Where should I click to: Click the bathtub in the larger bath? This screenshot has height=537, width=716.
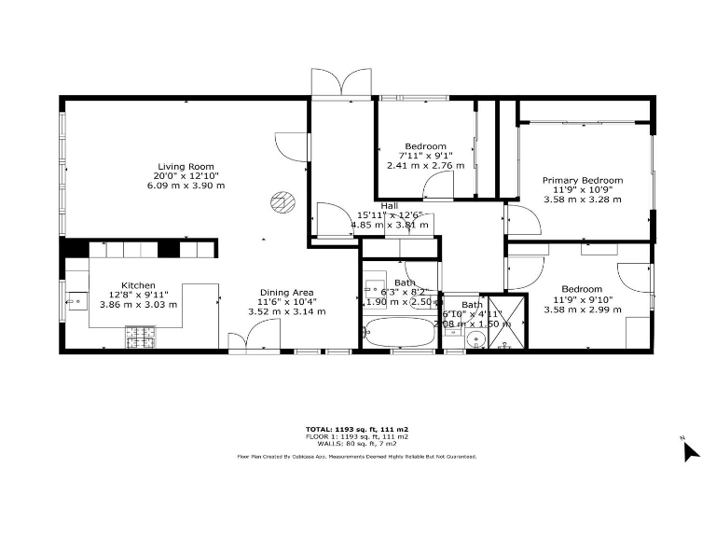point(400,332)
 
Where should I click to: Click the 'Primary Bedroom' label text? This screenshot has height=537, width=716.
point(583,180)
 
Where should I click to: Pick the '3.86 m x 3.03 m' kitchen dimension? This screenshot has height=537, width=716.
point(138,305)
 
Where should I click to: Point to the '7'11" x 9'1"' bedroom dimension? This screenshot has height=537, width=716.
point(425,156)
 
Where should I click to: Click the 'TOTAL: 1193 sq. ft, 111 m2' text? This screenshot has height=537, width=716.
point(357,429)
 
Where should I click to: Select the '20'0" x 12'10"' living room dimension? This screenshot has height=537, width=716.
point(186,175)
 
